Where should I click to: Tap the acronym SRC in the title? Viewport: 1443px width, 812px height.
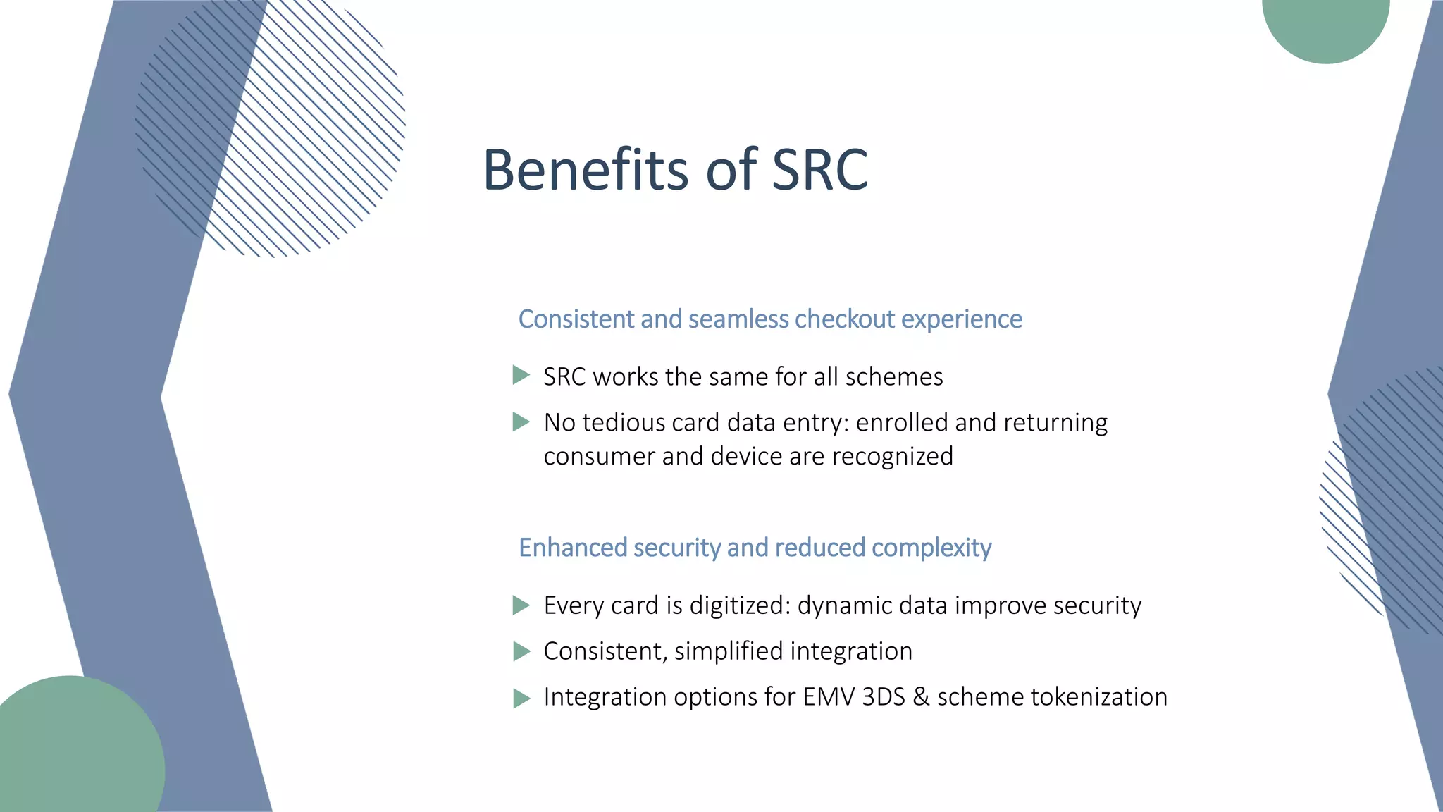tap(819, 170)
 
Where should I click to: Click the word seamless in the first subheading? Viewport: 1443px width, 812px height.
tap(738, 319)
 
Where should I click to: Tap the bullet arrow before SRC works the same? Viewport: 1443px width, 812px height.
tap(521, 375)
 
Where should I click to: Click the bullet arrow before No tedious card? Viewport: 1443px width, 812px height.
tap(521, 422)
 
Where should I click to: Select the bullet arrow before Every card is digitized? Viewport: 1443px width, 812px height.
tap(521, 605)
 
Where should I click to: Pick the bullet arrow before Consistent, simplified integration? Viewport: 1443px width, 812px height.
tap(521, 651)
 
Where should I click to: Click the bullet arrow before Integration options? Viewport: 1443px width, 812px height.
tap(521, 698)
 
